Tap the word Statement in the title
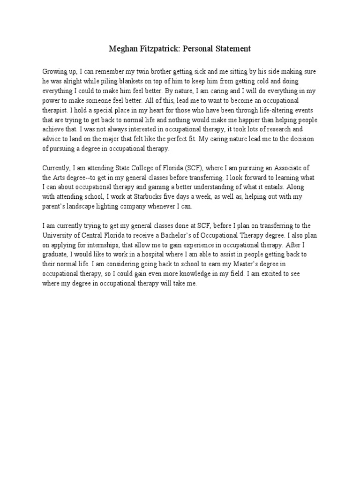233,48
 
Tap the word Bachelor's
201,236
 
